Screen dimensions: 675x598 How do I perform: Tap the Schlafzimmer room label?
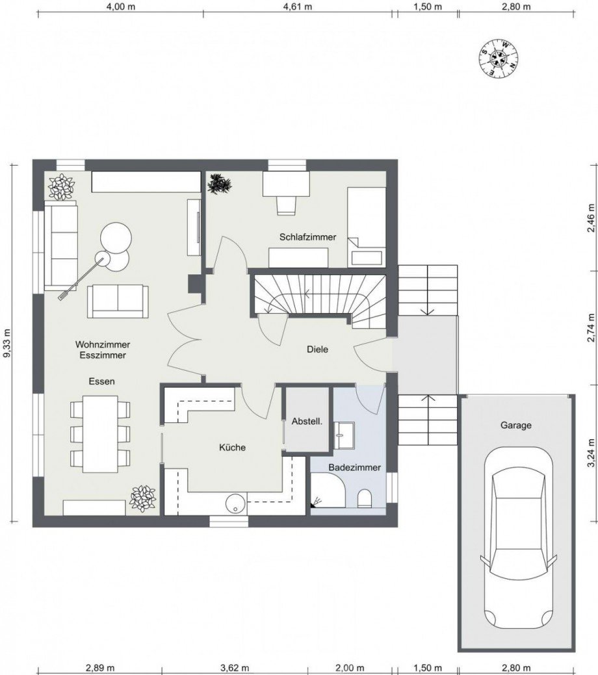[307, 237]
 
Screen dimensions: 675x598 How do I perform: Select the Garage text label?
[515, 426]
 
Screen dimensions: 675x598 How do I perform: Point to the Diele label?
[318, 350]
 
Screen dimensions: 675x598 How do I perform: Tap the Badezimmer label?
[354, 467]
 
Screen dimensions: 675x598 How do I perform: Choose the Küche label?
[232, 447]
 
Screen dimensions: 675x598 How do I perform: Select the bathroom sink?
[344, 434]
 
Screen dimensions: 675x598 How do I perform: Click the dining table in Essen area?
[100, 433]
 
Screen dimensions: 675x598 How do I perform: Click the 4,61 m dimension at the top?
[297, 7]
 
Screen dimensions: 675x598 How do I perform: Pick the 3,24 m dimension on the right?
[591, 455]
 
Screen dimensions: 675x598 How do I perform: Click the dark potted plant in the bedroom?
[220, 184]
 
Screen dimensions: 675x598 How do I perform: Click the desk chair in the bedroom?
[286, 203]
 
